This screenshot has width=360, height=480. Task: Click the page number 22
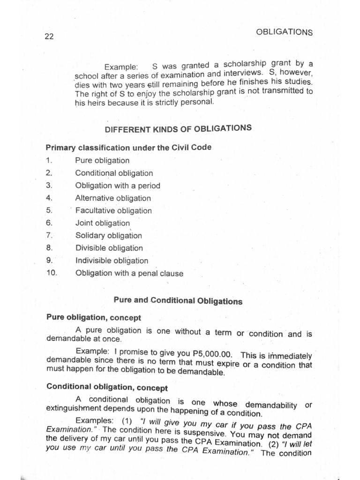point(49,37)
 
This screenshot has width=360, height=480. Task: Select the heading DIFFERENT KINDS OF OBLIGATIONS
point(178,128)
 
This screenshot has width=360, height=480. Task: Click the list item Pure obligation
point(102,160)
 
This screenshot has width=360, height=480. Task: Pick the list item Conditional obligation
point(114,173)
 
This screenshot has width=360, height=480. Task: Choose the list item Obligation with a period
point(118,186)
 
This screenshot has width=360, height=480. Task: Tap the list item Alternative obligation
point(113,198)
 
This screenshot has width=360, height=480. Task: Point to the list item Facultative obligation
point(113,210)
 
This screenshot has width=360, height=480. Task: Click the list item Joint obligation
point(102,223)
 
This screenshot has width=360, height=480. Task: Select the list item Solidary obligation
point(108,236)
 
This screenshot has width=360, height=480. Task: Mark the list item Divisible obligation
point(109,248)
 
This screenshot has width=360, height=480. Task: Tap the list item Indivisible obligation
point(112,261)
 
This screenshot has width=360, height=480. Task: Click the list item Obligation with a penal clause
point(129,273)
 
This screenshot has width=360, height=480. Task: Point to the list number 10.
point(51,273)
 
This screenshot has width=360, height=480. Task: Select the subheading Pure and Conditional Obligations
point(178,300)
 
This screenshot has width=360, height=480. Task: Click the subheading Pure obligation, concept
point(94,317)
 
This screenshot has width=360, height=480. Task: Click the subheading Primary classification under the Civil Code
point(128,147)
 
